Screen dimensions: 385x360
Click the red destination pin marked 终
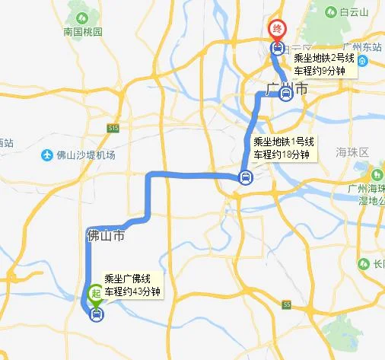pos(278,29)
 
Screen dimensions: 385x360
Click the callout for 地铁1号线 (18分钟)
pos(282,148)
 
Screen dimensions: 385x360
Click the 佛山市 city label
pos(105,236)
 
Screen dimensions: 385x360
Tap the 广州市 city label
pos(288,89)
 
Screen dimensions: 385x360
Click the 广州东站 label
pos(361,47)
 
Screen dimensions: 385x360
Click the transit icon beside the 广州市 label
pos(285,94)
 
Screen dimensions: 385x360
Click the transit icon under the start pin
pos(96,312)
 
